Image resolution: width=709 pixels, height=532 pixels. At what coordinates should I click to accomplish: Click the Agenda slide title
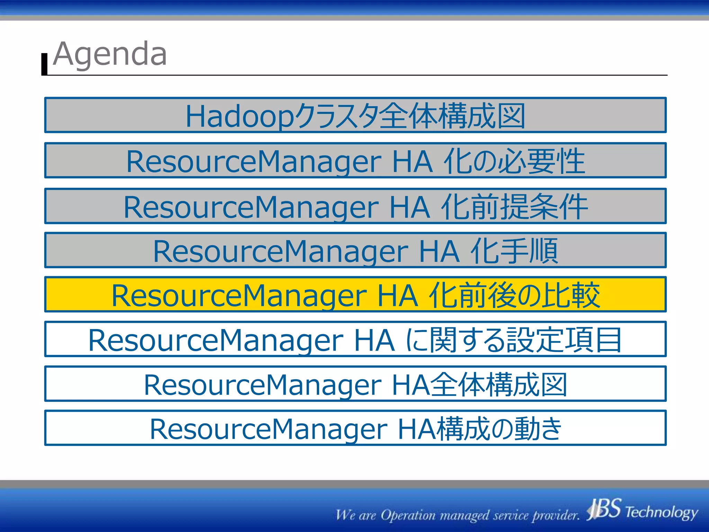point(110,54)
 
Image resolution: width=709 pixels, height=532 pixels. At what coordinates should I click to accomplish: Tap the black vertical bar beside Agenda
point(44,64)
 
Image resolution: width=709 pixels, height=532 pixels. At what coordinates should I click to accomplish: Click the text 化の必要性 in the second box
point(514,161)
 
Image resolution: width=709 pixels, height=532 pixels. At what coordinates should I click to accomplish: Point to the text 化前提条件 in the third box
point(514,207)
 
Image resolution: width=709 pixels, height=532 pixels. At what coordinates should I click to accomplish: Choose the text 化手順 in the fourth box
point(514,251)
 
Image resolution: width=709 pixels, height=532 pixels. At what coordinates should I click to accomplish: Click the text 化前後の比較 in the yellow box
point(514,295)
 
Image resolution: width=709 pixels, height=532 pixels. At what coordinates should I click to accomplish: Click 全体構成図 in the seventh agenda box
point(499,384)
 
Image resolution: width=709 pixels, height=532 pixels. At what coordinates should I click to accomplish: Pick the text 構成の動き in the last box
point(499,429)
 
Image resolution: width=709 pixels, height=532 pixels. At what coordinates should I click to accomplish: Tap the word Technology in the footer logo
point(661,512)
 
